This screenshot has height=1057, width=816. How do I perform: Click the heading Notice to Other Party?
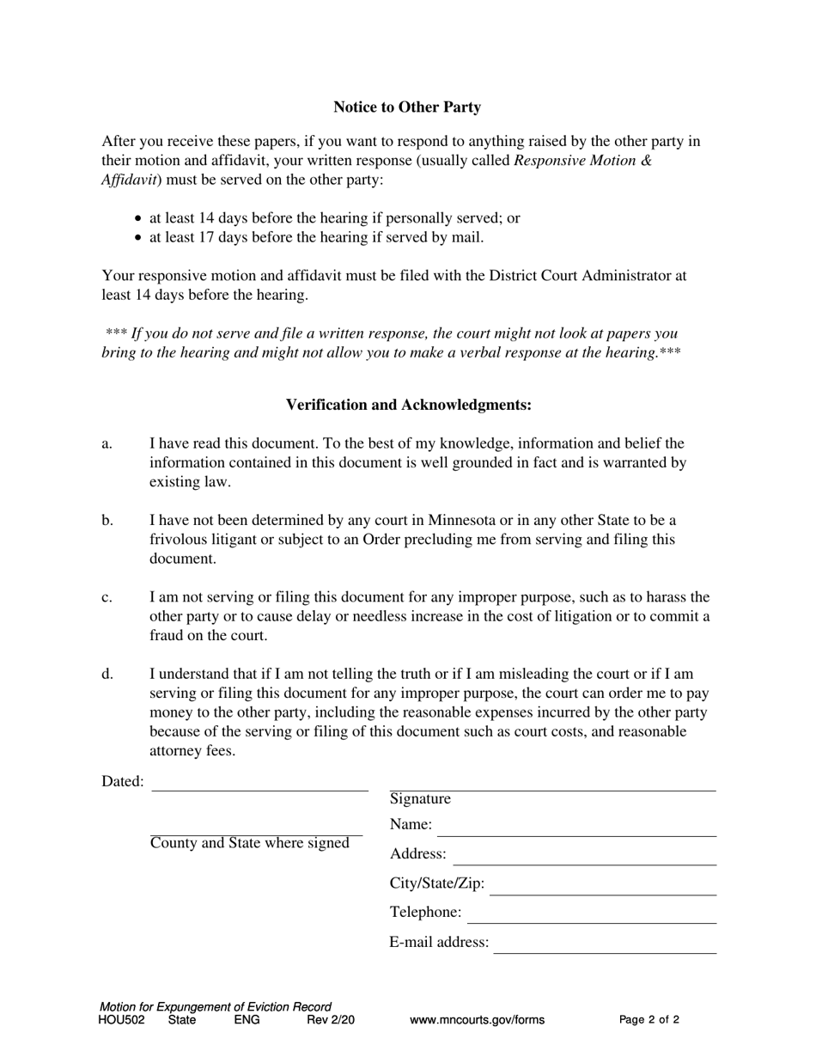coord(407,107)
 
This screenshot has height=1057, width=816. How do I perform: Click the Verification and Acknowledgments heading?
coord(408,405)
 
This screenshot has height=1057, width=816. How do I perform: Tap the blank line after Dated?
coord(259,785)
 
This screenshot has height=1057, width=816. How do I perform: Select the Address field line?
coord(584,858)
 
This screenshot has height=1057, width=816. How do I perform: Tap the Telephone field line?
coord(591,917)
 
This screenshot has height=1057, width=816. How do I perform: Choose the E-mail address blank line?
coord(605,947)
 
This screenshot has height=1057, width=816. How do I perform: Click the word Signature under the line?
coord(420,799)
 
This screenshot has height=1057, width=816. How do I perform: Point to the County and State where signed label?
coord(249,843)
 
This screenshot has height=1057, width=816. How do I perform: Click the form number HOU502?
coord(122,1021)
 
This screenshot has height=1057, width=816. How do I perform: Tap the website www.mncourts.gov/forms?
coord(477,1021)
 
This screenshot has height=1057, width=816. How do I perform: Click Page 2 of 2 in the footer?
coord(649,1021)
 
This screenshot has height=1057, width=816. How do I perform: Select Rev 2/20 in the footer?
coord(331,1021)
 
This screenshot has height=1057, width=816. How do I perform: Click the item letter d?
coord(107,675)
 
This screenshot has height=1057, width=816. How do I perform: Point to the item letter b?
coord(107,521)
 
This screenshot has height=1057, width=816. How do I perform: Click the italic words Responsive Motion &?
coord(582,161)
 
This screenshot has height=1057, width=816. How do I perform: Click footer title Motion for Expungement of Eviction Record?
coord(215,1007)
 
